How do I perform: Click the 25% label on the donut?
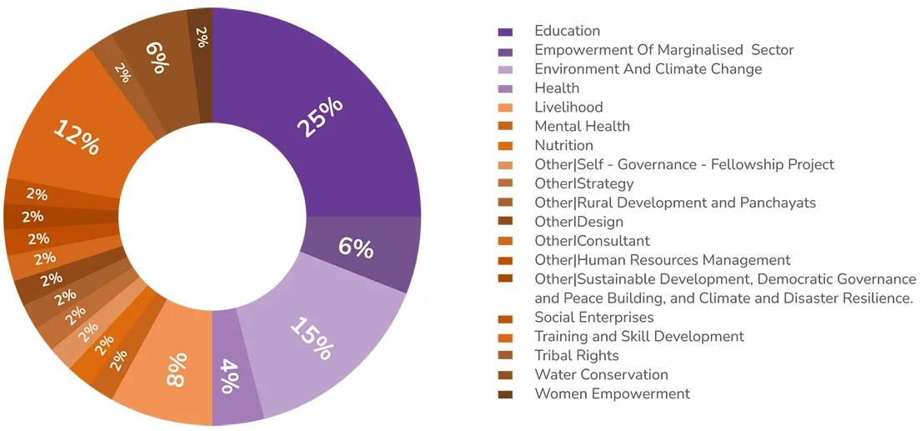(x=321, y=119)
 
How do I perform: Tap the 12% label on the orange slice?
(x=77, y=138)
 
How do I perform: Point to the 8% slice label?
(x=177, y=369)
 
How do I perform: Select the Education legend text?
(x=567, y=31)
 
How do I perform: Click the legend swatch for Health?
(x=505, y=88)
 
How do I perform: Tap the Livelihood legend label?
(x=568, y=107)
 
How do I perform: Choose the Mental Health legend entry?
(x=582, y=126)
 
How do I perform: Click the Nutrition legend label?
(x=563, y=145)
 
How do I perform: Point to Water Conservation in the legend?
(x=601, y=374)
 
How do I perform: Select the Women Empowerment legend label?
(x=612, y=393)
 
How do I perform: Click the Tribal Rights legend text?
(x=577, y=355)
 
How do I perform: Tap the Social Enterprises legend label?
(x=593, y=318)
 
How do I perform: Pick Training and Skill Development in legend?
(x=638, y=337)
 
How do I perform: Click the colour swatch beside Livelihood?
(x=505, y=108)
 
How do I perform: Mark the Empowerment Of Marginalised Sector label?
(x=663, y=50)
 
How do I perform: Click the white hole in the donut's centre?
(x=213, y=217)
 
